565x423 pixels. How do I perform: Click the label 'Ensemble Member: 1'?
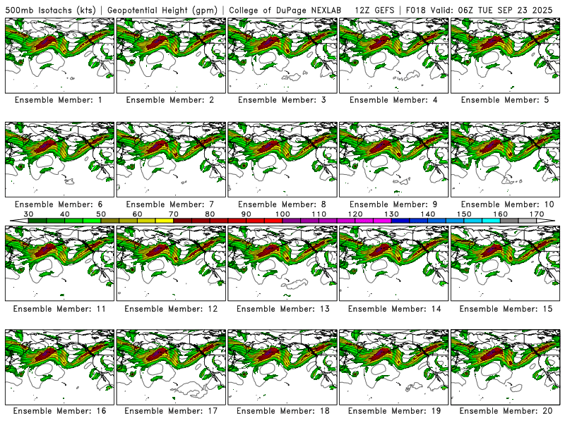click(x=59, y=100)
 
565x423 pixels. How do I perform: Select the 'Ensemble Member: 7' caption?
click(x=170, y=204)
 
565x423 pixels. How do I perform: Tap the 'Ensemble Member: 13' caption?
click(x=282, y=309)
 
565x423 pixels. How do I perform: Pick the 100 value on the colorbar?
click(x=282, y=214)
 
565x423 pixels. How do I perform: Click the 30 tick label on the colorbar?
click(x=28, y=214)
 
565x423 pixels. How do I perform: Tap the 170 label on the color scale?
click(x=537, y=214)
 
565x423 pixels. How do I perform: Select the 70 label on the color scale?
click(x=174, y=214)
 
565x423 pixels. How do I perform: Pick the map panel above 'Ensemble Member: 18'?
click(x=282, y=366)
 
